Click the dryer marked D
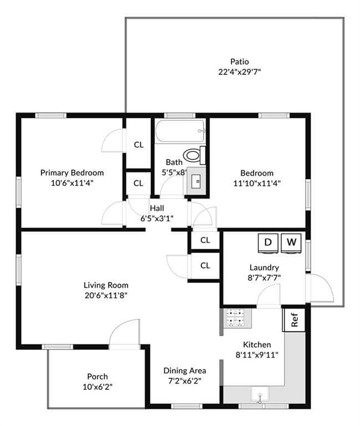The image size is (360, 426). pos(268,244)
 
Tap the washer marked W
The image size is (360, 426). pos(291,244)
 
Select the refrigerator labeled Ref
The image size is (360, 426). pos(294,319)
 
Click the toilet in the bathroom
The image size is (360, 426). pos(194,155)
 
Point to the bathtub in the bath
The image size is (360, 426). pos(180,131)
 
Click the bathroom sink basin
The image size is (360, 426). pos(196,181)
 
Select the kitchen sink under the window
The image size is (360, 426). pos(260,393)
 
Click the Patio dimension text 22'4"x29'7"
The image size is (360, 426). pos(240,72)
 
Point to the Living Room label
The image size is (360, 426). pos(106,285)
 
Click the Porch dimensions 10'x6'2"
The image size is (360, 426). pos(97,387)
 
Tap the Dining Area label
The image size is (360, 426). pos(185,371)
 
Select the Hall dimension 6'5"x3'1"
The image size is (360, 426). pos(157,218)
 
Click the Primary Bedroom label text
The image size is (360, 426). pos(72,173)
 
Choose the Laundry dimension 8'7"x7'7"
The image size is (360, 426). pos(264,278)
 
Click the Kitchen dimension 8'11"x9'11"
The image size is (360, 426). pos(257,355)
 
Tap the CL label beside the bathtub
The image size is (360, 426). pos(139,145)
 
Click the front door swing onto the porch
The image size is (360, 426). pos(125,333)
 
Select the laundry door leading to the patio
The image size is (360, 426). pos(320,288)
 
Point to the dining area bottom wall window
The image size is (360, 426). pos(187,406)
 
